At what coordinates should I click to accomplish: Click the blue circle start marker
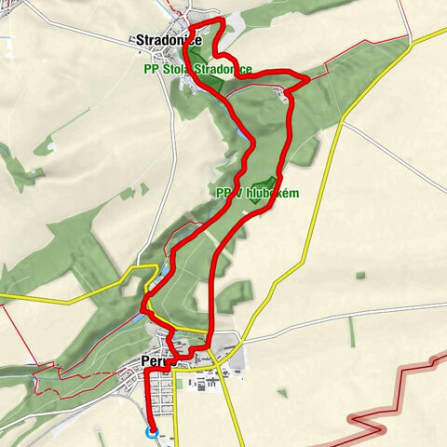[x=152, y=431]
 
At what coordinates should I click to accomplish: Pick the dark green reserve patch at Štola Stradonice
[x=210, y=84]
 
